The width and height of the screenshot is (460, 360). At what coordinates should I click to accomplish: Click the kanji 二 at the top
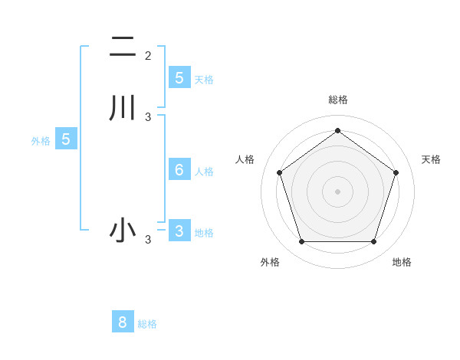tap(122, 47)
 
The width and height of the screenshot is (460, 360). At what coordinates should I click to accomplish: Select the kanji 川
tap(122, 107)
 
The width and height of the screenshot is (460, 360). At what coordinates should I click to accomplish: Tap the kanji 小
tap(122, 231)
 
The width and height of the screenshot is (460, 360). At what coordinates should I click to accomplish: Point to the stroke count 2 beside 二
tap(148, 55)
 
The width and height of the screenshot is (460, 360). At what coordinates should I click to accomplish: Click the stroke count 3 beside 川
tap(148, 116)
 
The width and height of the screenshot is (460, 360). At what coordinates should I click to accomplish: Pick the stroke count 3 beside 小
tap(148, 240)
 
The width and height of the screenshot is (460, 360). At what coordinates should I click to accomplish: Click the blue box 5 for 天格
tap(179, 77)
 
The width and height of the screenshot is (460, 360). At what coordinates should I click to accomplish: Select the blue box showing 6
tap(179, 170)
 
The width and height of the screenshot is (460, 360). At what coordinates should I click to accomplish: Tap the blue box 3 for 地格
tap(179, 231)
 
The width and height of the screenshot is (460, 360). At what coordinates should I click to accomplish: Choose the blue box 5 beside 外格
tap(66, 139)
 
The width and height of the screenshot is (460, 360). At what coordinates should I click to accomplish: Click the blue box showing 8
tap(123, 322)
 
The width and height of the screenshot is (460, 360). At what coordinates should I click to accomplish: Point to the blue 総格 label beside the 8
tap(147, 324)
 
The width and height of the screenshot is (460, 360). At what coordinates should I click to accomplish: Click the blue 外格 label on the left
tap(41, 141)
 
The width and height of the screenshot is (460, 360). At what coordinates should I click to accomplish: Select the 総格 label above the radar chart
tap(338, 100)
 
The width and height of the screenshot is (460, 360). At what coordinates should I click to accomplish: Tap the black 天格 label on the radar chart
tap(431, 159)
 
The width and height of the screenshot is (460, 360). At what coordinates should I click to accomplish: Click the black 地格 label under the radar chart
tap(402, 262)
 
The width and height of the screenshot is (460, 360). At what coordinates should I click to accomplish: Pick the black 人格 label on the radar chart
tap(245, 159)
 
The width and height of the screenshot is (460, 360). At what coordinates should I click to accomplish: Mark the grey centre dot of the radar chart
tap(337, 191)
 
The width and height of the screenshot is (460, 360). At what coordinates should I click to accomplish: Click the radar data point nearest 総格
tap(337, 131)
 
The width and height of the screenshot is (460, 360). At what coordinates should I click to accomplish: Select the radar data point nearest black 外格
tap(301, 242)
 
